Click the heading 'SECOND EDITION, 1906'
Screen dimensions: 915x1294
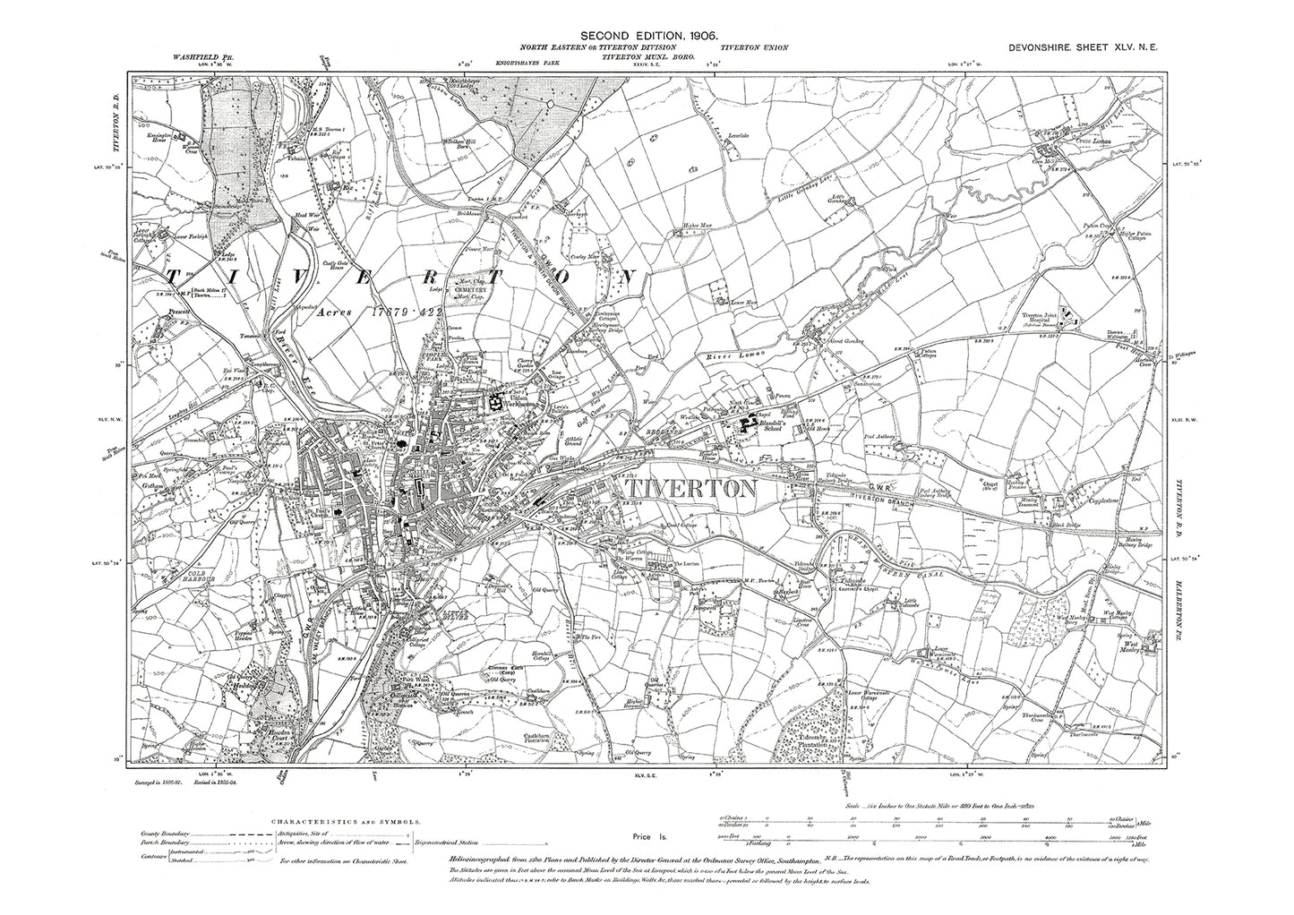[x=647, y=34]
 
